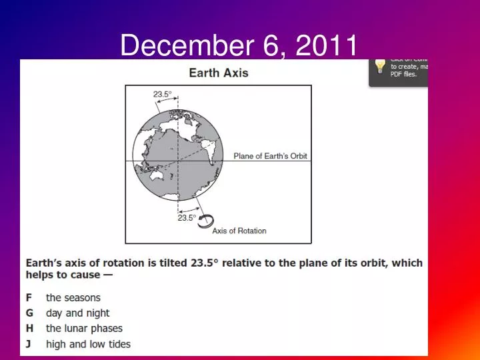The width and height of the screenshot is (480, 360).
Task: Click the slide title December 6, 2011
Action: point(239,45)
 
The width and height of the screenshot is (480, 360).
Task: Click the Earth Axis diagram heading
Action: point(219,73)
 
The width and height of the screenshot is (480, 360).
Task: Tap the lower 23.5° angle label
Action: point(187,217)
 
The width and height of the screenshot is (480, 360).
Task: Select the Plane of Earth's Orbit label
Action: point(270,156)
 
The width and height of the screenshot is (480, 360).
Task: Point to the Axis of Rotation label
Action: point(239,231)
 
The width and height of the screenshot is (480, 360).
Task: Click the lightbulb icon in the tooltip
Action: point(380,65)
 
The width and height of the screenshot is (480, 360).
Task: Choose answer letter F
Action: point(29,298)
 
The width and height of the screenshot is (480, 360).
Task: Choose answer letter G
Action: point(30,313)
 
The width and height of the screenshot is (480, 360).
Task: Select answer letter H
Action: point(30,329)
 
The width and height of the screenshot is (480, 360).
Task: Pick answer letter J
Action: point(29,344)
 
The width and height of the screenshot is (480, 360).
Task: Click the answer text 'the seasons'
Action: point(73,298)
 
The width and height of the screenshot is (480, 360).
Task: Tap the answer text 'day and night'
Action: point(77,313)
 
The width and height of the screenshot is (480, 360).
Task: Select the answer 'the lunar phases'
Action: point(84,329)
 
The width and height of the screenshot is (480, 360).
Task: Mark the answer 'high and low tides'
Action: point(88,344)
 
